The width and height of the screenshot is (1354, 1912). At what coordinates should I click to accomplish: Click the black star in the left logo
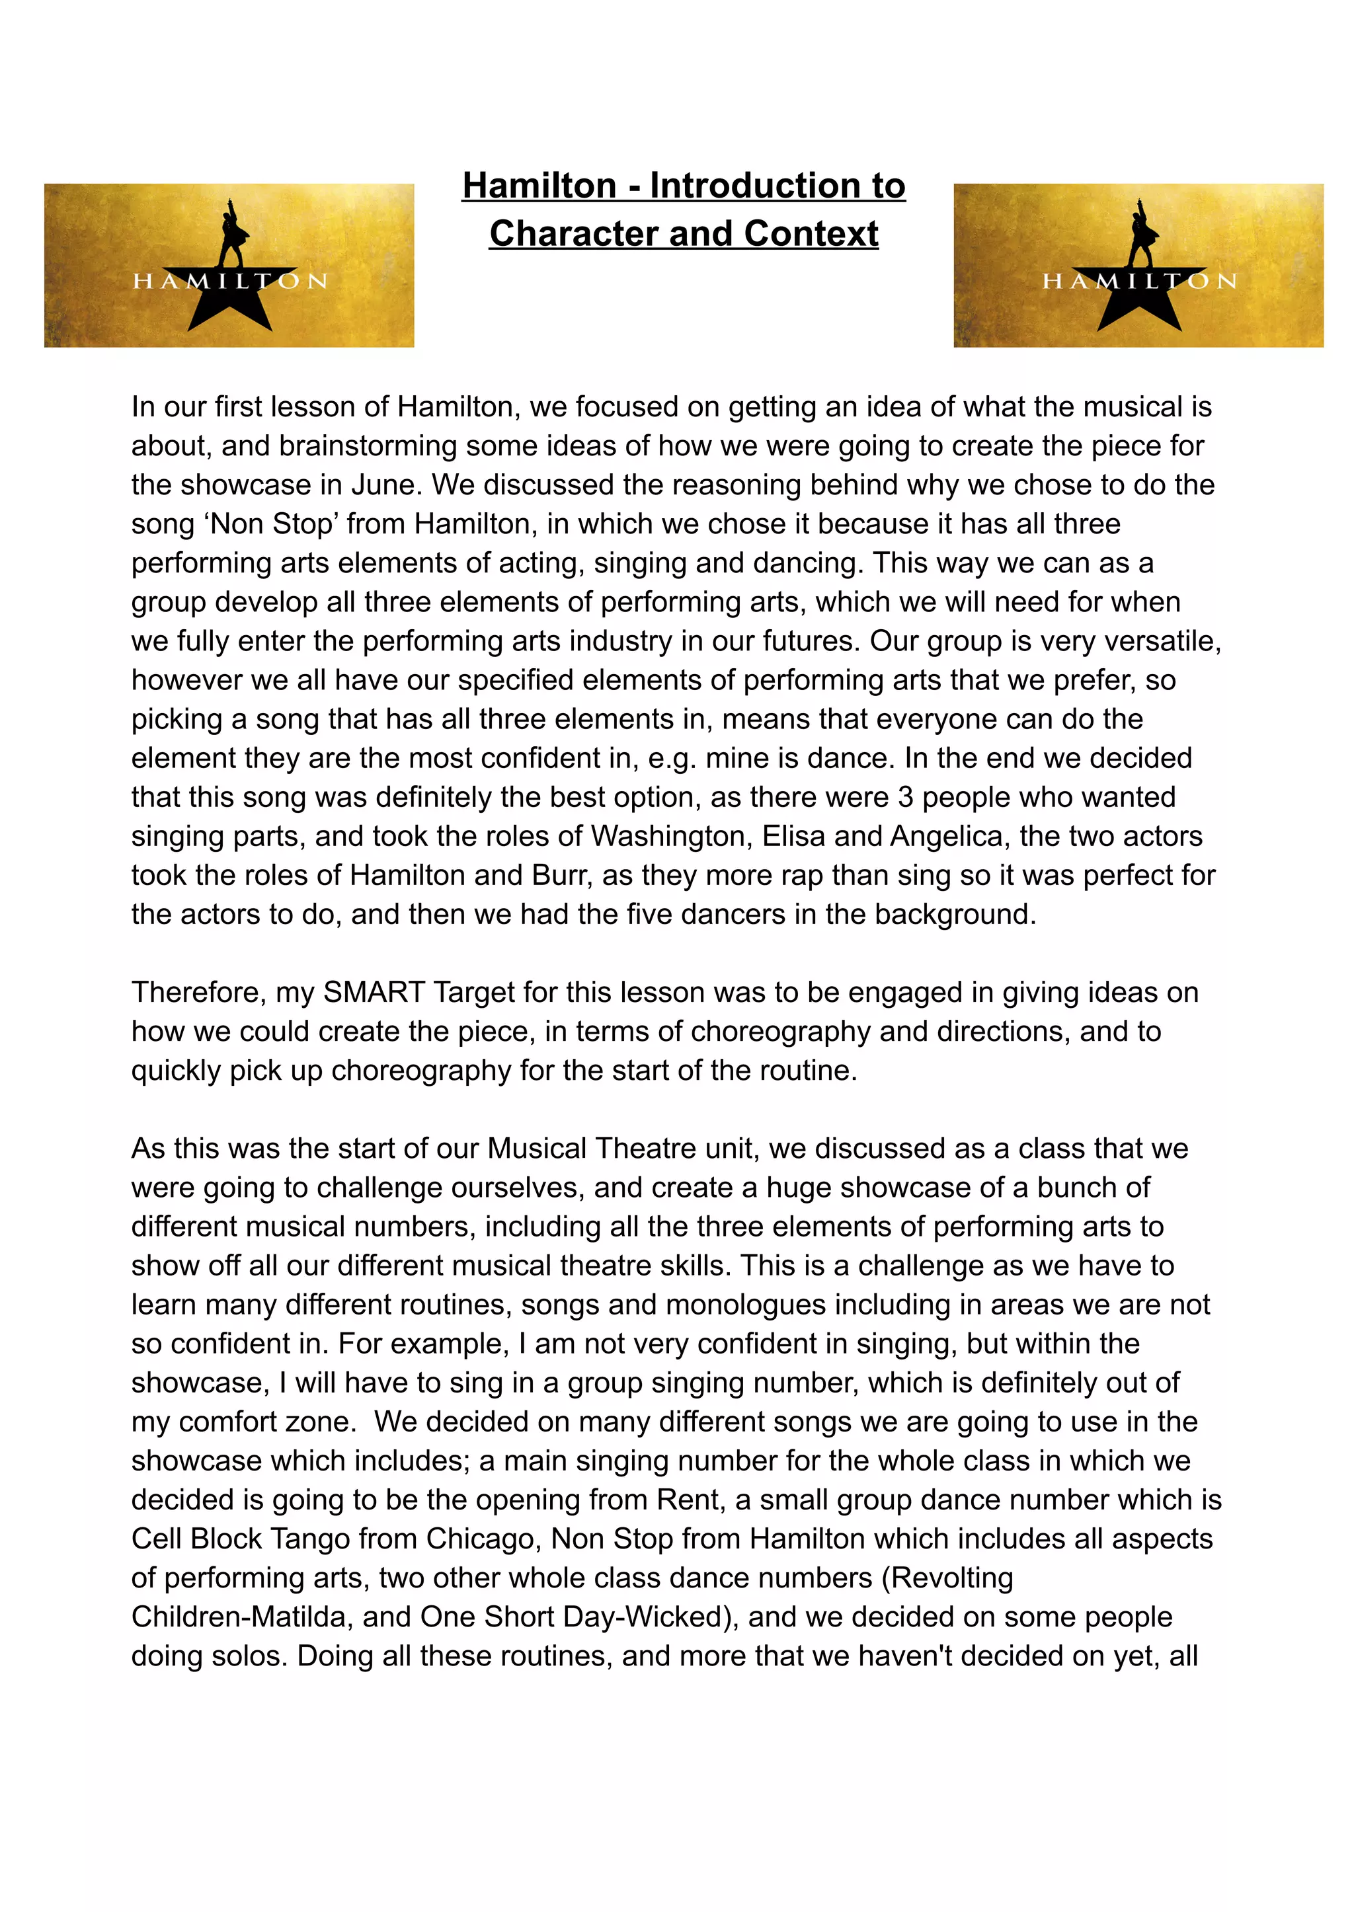point(229,302)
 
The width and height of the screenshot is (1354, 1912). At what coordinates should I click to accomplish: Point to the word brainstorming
point(368,446)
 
